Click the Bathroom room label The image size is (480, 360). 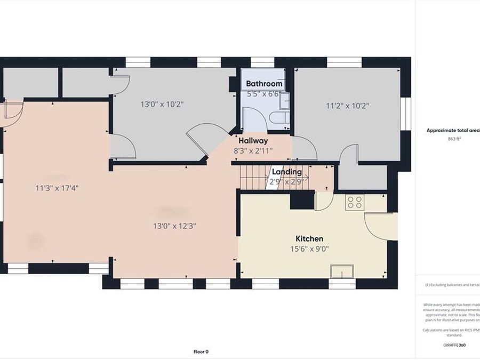coord(264,84)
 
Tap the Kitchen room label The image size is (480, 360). coord(309,238)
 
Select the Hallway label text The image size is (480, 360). coord(253,141)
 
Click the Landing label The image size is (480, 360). coord(287,172)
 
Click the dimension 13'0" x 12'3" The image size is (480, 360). coord(174,226)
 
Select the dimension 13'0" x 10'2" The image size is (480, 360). coord(162,105)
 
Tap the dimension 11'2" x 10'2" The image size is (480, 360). coord(347,106)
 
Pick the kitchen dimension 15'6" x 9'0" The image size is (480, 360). coord(309,248)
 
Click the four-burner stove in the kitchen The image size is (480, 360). coord(355,202)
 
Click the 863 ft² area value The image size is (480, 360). coord(454,139)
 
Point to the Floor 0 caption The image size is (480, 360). coord(201,351)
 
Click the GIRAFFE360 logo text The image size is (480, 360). coord(454,345)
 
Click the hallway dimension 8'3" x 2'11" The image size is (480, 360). coord(253,150)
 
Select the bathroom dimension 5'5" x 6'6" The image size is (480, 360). coord(264,94)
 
